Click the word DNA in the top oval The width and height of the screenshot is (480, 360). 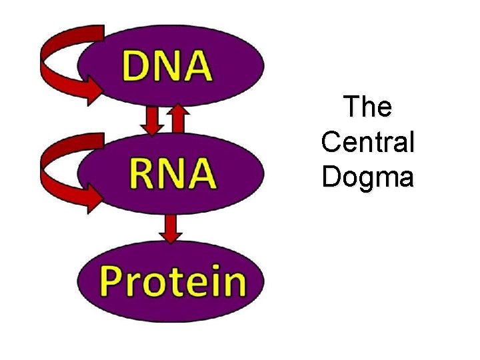click(x=167, y=67)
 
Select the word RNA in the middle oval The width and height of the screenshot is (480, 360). click(x=171, y=173)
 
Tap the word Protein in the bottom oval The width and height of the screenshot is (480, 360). click(x=173, y=281)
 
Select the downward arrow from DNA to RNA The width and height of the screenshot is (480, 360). click(x=153, y=121)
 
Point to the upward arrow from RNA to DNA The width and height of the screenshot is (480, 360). click(x=177, y=119)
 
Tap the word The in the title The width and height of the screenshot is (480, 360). click(x=368, y=107)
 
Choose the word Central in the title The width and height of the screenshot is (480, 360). click(x=368, y=142)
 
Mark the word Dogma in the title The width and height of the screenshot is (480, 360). click(x=368, y=178)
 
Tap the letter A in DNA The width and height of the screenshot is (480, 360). click(x=197, y=67)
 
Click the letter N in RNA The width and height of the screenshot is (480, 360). click(x=170, y=173)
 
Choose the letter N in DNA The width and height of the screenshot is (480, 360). click(x=167, y=67)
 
